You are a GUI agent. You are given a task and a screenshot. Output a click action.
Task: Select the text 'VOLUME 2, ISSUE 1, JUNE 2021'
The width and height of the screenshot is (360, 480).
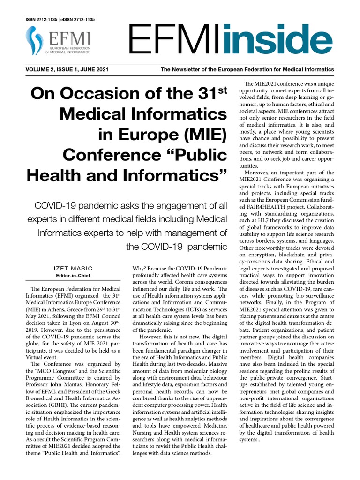(67, 70)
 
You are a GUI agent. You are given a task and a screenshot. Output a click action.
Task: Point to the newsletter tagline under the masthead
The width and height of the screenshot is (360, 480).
(247, 70)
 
